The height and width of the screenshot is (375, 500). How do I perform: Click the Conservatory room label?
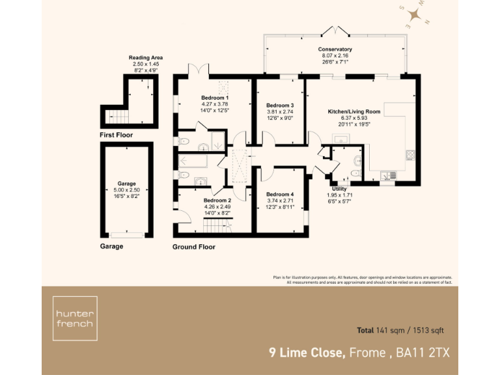point(335,49)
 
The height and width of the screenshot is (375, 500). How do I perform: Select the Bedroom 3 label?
point(280,105)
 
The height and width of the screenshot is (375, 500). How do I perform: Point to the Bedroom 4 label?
point(280,195)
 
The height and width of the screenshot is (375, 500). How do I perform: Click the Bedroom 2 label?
point(217,201)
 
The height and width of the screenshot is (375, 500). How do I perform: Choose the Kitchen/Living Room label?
point(354,111)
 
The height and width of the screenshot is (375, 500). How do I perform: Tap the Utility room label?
point(339,189)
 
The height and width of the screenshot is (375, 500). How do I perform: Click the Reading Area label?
point(146,58)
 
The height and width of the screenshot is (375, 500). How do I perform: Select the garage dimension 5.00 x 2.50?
point(126,189)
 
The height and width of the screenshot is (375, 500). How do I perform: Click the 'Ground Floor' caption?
point(193,247)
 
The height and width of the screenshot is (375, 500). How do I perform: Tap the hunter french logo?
point(75,318)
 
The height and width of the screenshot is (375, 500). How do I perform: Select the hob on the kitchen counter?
point(410,155)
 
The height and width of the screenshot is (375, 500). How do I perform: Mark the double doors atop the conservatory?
point(335,31)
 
